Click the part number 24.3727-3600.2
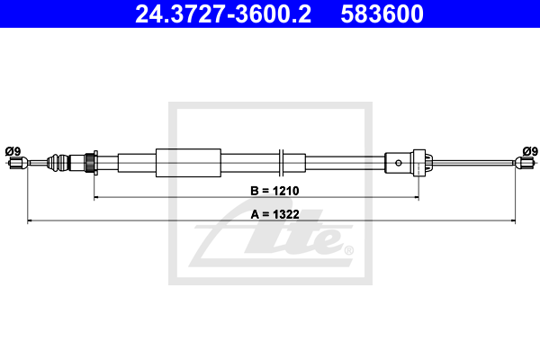click(x=223, y=14)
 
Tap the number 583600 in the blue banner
click(x=382, y=14)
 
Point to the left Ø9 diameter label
click(x=13, y=151)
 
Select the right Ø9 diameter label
click(x=530, y=151)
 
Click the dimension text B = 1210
click(x=274, y=191)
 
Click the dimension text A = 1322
click(x=274, y=214)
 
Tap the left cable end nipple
click(x=18, y=163)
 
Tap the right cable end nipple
click(x=525, y=162)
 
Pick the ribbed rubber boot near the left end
click(x=58, y=163)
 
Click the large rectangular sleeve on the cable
click(x=188, y=163)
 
